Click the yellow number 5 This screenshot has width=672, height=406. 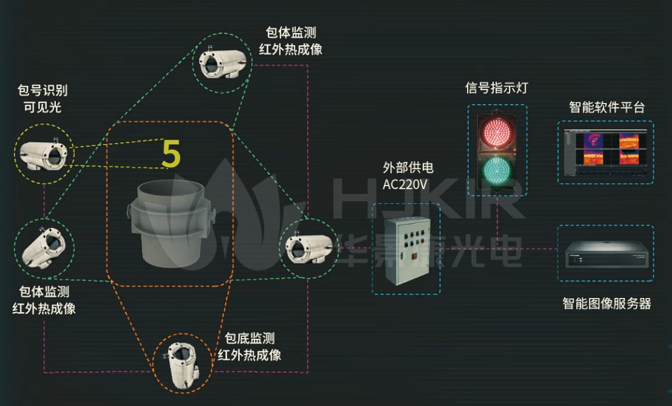point(171,154)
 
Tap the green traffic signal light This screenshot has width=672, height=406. point(497,171)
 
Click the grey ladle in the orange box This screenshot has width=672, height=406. point(171,223)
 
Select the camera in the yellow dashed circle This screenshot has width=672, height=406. point(43,154)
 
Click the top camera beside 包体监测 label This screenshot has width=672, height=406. point(223,64)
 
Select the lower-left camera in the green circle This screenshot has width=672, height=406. point(44,248)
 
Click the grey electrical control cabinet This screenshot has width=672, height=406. point(407,250)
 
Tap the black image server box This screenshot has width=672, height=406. point(606,254)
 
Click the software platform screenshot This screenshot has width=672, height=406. point(605,152)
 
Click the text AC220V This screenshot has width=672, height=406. point(405,184)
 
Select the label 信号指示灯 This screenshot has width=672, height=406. point(496,88)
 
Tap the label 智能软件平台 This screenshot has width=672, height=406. point(607,107)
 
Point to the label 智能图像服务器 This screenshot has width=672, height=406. point(607,304)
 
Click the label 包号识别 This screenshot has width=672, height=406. point(43,90)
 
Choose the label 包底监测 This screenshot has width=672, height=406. point(249,338)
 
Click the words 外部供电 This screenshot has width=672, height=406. point(408,167)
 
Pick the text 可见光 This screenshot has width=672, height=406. point(43,107)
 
